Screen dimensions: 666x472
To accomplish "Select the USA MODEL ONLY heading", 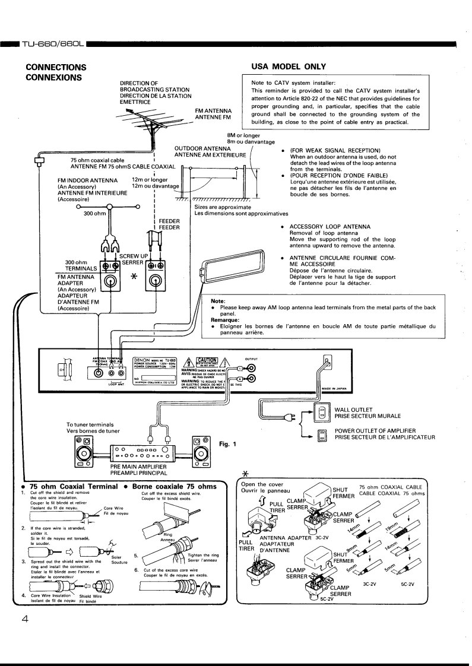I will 289,66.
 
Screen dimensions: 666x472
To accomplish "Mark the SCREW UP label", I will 133,255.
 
